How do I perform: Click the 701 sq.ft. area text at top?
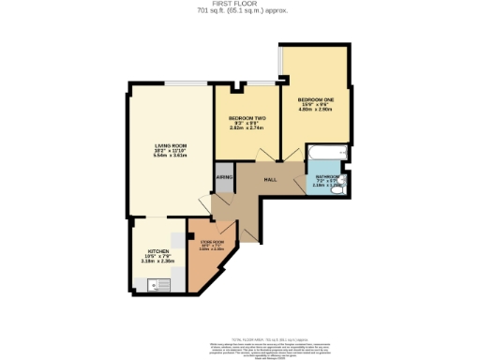[239, 12]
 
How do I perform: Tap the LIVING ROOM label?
[172, 146]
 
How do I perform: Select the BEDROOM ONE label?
[316, 98]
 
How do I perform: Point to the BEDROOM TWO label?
[247, 118]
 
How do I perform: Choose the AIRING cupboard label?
[224, 176]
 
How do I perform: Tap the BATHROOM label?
[327, 177]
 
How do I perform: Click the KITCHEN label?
[157, 251]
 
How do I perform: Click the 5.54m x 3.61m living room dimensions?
[172, 157]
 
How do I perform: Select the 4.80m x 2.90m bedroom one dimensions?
[316, 110]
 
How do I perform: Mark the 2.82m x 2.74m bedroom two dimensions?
[247, 129]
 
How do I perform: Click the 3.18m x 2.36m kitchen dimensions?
[157, 262]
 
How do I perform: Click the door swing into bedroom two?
[266, 155]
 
